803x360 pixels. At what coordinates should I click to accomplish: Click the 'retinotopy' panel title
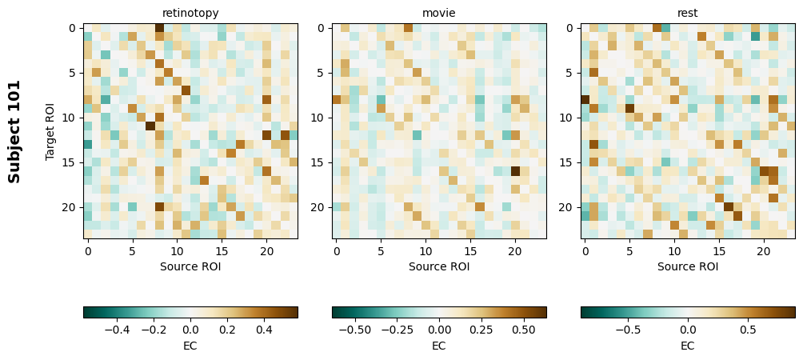[190, 13]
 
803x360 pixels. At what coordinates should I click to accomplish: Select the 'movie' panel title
[439, 13]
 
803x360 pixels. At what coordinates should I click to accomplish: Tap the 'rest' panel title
[688, 13]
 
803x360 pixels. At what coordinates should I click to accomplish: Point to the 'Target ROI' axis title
[50, 131]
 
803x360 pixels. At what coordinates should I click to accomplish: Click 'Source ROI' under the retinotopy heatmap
[190, 266]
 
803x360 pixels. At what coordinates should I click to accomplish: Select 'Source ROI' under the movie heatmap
[439, 266]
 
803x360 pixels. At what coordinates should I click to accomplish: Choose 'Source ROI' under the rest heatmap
[688, 266]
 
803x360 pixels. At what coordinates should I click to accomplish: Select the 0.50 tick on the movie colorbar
[523, 329]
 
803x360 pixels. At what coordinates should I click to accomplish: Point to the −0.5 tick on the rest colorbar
[627, 329]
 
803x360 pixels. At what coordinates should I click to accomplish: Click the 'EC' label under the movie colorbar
[439, 346]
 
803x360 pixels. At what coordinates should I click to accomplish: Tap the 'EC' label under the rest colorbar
[688, 346]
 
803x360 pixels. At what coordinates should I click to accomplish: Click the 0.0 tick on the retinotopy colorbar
[190, 329]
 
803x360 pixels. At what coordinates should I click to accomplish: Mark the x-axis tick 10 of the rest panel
[674, 252]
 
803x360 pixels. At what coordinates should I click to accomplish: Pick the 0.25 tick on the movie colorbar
[481, 329]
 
